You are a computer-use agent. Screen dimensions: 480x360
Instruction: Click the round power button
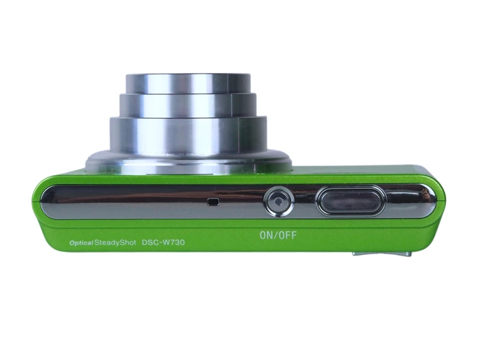(x=278, y=202)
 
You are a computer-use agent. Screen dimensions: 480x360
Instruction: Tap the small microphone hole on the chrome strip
(x=213, y=202)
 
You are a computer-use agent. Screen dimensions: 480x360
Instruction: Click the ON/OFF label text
(x=278, y=235)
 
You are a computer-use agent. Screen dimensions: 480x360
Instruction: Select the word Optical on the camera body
(x=81, y=243)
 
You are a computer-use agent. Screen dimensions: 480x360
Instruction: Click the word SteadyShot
(x=115, y=243)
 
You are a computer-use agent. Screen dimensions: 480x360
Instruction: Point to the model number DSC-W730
(x=163, y=242)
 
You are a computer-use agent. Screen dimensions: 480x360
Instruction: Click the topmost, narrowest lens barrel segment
(x=188, y=83)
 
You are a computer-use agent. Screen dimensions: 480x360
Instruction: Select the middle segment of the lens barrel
(x=188, y=105)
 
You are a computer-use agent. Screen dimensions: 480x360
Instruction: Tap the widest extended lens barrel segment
(x=188, y=133)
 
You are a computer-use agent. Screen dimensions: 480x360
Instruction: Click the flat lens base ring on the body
(x=188, y=162)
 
